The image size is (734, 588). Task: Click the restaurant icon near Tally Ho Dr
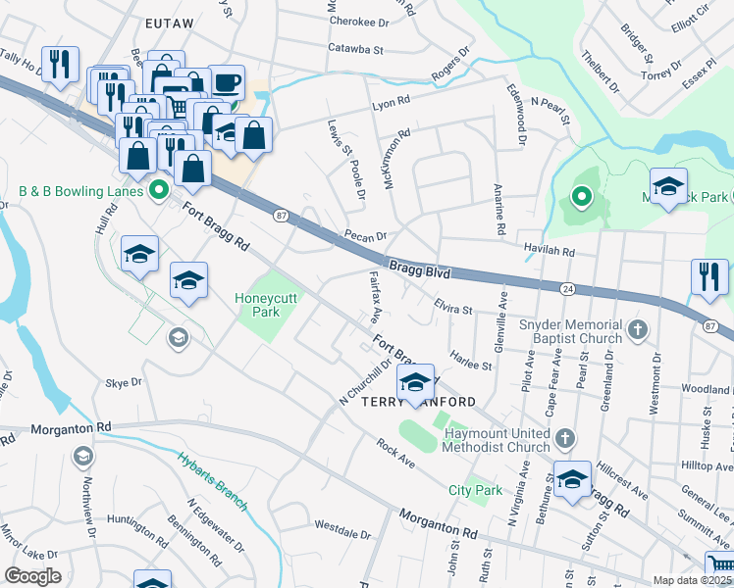pyautogui.click(x=61, y=65)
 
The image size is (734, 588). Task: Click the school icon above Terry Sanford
pyautogui.click(x=415, y=383)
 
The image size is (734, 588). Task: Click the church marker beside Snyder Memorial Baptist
pyautogui.click(x=638, y=328)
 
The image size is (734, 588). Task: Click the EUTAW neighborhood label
pyautogui.click(x=171, y=21)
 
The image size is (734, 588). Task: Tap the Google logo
pyautogui.click(x=32, y=576)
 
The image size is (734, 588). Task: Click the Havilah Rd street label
pyautogui.click(x=549, y=252)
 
